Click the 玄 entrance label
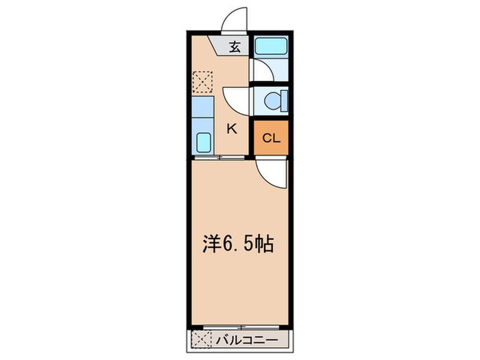coord(235,47)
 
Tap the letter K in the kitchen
coord(232,128)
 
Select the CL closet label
coord(272,139)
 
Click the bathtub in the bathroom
coord(271,47)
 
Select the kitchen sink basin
coord(204,143)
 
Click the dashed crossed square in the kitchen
coord(203,83)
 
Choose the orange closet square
coord(272,139)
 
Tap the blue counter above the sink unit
coord(203,107)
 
